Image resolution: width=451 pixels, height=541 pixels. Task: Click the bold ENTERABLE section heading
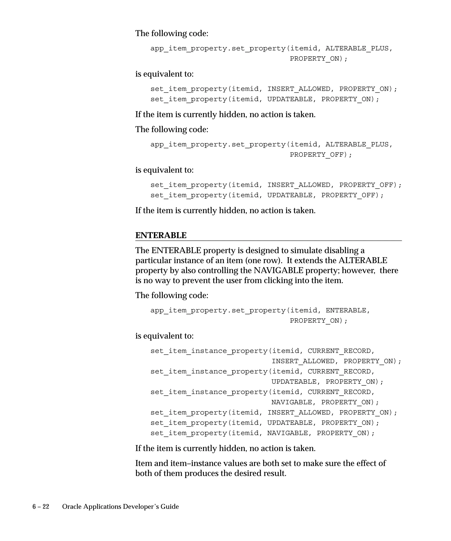tap(161, 235)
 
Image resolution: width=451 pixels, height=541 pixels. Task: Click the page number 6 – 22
tap(41, 506)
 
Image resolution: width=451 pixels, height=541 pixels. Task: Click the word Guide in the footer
tap(170, 506)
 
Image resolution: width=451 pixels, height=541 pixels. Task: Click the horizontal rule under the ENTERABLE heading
tap(268, 241)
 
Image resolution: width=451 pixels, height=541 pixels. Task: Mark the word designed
tap(266, 250)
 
